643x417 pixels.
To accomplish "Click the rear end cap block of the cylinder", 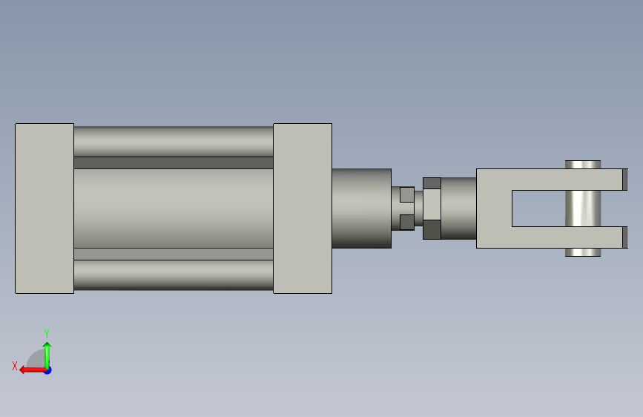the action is click(x=44, y=208).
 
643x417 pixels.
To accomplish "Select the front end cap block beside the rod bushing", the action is click(x=303, y=208).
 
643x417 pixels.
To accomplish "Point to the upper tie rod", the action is click(x=174, y=142).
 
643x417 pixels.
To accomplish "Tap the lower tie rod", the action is click(x=174, y=275).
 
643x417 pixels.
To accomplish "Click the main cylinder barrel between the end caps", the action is click(x=174, y=208).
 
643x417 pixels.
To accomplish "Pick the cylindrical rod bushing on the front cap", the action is click(x=362, y=208).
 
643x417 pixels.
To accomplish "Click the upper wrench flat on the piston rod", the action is click(x=407, y=194).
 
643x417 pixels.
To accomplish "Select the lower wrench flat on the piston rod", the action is click(x=407, y=223).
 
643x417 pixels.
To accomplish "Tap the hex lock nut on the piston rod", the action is click(x=432, y=208).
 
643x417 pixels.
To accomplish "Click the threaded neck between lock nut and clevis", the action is click(x=458, y=208).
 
